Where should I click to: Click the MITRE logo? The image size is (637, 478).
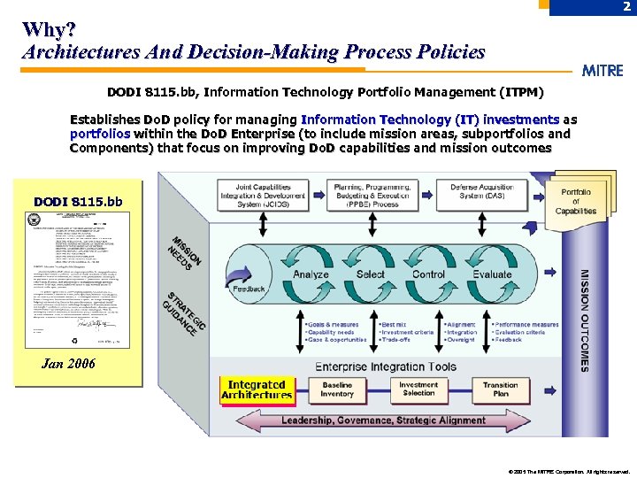602,71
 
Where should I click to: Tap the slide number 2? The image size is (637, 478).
625,7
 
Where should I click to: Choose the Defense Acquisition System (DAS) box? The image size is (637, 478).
483,196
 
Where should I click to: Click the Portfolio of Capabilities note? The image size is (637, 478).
576,202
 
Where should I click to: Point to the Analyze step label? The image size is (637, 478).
311,274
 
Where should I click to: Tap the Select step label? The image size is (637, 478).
370,274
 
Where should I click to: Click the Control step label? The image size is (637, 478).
429,274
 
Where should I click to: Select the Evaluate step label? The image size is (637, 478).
492,274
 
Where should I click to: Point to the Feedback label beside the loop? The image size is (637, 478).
249,289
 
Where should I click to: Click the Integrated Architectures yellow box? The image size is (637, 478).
257,389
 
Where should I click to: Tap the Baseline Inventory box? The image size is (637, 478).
337,389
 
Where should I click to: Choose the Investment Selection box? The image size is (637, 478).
418,389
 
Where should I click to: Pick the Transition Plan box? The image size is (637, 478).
501,389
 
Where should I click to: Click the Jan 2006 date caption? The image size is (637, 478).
69,364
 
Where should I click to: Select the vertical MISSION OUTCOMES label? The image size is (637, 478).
583,320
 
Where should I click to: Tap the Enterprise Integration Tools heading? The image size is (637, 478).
386,366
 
